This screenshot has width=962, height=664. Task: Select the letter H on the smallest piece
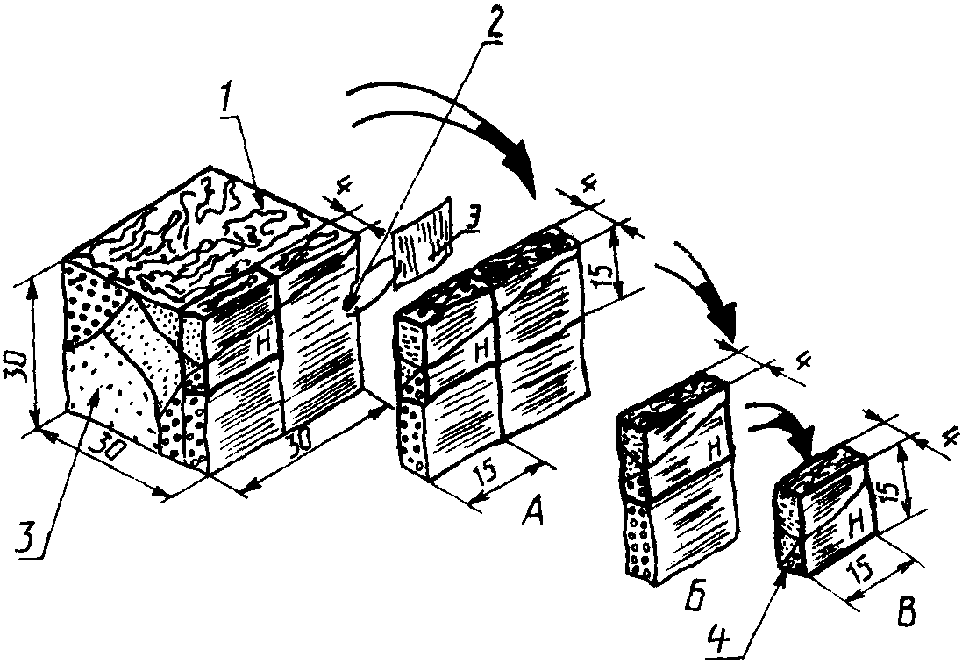(856, 524)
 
